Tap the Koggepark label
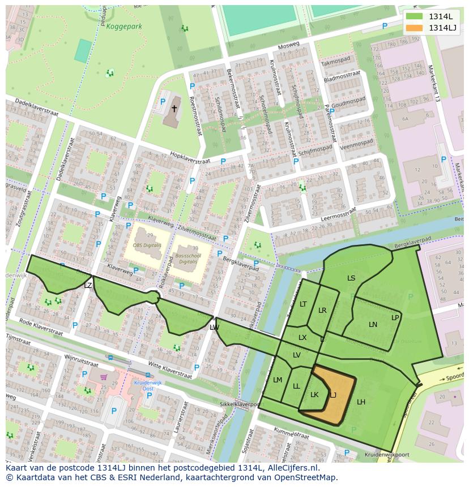click(x=125, y=26)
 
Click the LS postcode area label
click(x=351, y=278)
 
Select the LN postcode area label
click(x=373, y=324)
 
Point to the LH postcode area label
click(x=361, y=402)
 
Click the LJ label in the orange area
click(x=333, y=395)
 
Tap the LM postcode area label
click(x=278, y=380)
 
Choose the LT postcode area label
click(x=303, y=304)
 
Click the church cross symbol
click(x=174, y=108)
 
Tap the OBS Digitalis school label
click(x=147, y=245)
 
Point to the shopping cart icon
click(x=104, y=376)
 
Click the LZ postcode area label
click(x=88, y=286)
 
